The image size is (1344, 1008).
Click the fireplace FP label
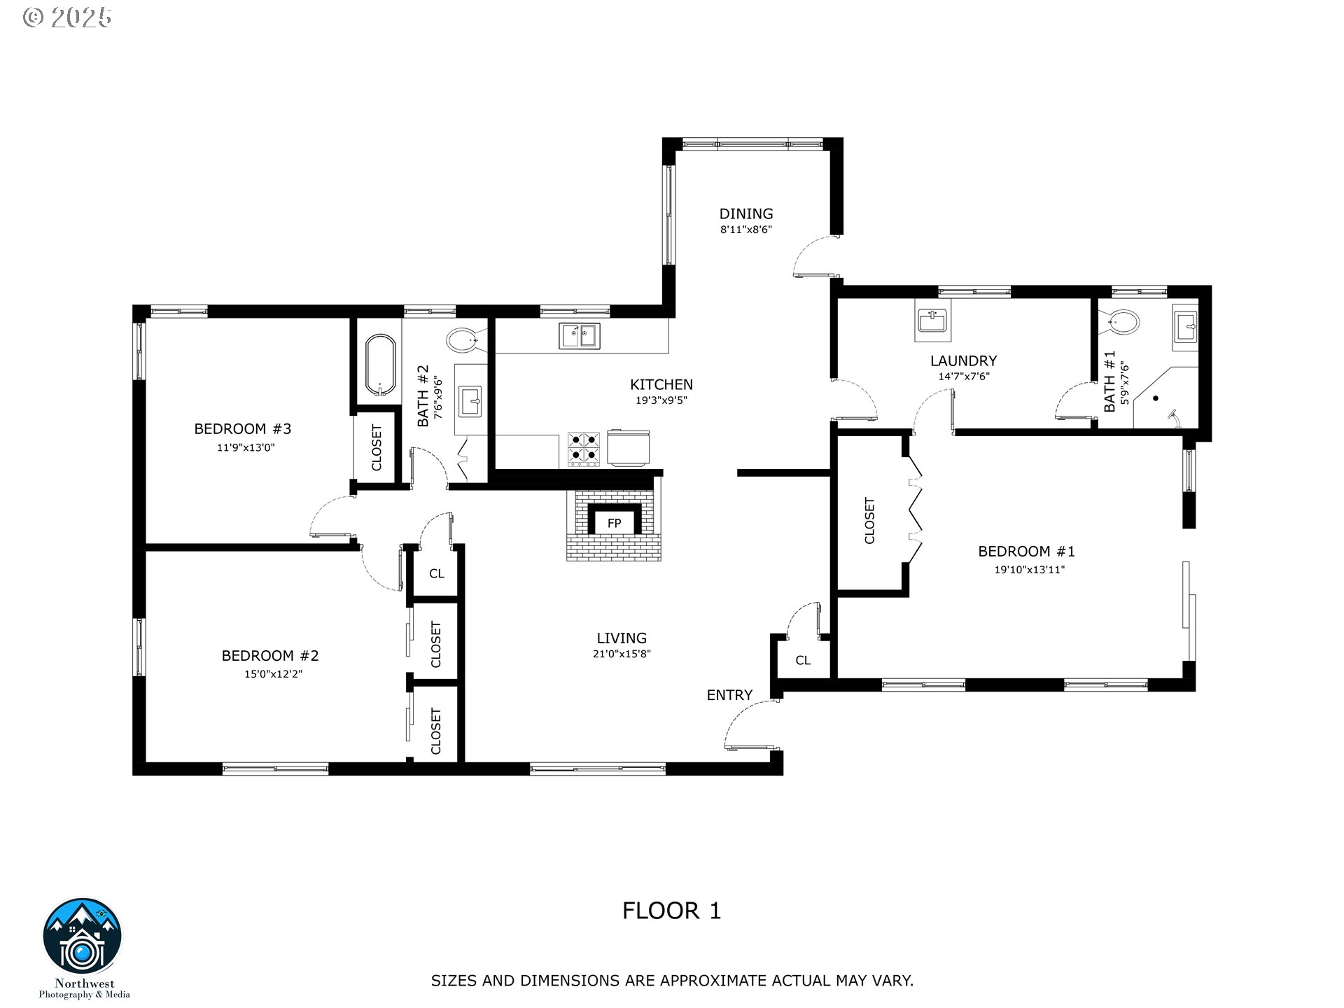614,523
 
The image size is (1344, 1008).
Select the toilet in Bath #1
1123,322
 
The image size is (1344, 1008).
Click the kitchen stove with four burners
583,449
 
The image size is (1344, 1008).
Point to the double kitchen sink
579,335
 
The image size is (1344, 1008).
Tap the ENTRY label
729,695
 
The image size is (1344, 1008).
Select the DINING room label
746,213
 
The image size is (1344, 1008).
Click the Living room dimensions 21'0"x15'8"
622,654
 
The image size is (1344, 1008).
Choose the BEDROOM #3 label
242,429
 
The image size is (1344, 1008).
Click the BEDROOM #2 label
270,656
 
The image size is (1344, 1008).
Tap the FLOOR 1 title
672,911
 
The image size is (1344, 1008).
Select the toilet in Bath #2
463,341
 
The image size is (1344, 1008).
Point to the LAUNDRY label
963,361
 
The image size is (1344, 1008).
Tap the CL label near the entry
803,660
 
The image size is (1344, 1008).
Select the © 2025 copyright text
68,17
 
